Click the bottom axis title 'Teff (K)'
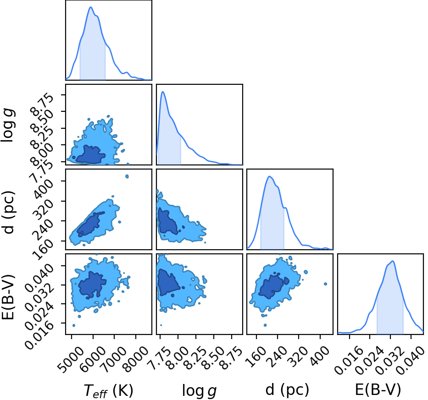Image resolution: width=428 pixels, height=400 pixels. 108,390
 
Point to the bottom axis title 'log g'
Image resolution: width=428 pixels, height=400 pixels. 199,391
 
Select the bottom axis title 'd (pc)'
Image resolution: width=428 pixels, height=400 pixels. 287,389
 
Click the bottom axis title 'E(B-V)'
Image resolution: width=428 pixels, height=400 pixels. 378,389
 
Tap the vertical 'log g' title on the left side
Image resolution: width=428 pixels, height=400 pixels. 8,125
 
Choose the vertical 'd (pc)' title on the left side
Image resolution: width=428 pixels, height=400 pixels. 8,213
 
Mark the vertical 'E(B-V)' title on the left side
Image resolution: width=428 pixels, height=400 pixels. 8,298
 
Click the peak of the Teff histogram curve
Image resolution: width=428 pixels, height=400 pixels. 91,7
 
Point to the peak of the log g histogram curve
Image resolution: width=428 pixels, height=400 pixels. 163,92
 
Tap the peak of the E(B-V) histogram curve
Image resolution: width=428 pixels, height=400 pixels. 393,261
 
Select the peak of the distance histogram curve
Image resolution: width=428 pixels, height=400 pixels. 270,176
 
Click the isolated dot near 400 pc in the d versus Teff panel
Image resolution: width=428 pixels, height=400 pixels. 127,176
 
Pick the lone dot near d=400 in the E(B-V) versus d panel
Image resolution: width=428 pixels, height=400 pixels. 325,284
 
